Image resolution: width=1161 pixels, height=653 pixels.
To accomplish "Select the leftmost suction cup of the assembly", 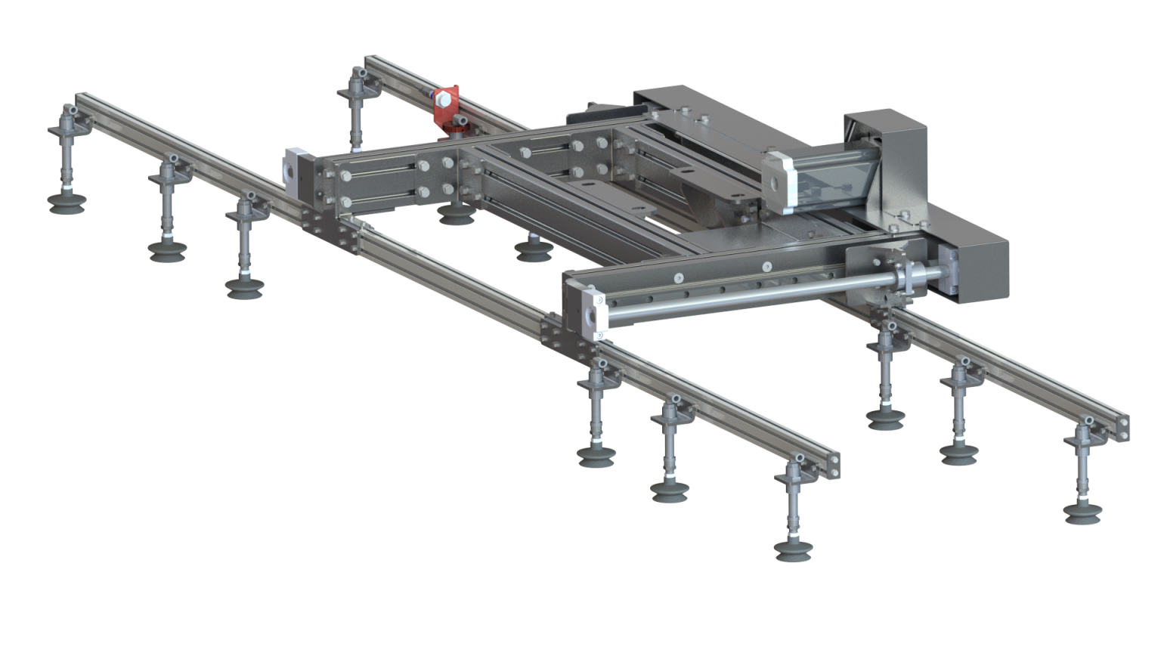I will click(x=66, y=202).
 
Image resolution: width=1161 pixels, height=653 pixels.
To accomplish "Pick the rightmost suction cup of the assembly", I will click(x=1082, y=513).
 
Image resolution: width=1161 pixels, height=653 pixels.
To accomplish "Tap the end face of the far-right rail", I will click(x=1124, y=427).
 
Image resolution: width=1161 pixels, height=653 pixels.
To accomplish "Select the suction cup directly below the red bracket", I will click(x=454, y=216).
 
